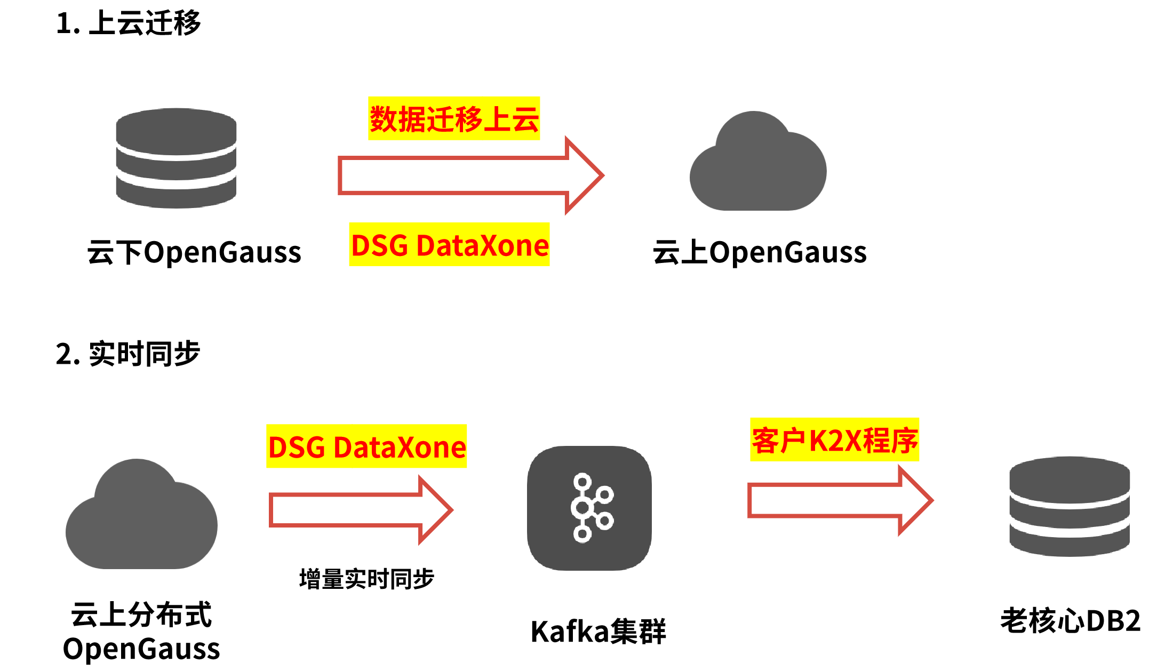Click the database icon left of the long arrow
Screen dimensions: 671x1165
176,158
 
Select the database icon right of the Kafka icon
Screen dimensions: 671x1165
1070,506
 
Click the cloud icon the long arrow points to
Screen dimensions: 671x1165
758,165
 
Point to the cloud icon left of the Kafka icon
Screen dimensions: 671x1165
141,517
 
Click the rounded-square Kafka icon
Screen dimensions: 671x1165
589,508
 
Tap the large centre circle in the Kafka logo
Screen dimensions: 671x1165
582,507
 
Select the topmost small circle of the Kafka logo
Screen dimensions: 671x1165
582,482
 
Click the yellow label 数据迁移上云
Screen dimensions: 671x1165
454,118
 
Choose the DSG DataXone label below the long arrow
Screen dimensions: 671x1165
449,244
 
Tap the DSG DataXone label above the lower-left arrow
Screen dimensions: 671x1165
366,446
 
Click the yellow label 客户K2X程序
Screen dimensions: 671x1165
834,440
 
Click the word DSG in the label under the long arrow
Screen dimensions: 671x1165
380,245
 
